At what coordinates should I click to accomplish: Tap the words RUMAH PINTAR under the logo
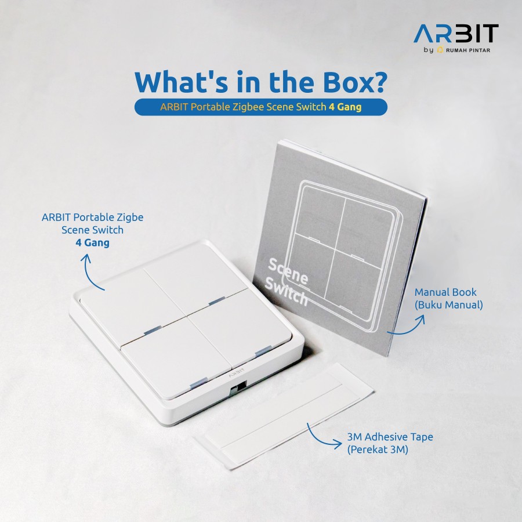coord(467,50)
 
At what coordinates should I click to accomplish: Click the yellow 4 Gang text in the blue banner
coord(345,107)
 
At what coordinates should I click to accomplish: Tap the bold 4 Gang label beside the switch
coord(93,242)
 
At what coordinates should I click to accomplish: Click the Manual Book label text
coord(445,292)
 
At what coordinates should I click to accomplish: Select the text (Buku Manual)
coord(449,304)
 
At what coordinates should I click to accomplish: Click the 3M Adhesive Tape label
coord(390,437)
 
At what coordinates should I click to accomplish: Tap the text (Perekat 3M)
coord(378,449)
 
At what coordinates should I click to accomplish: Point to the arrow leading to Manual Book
coord(409,330)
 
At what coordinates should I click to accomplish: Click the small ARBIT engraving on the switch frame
coord(237,372)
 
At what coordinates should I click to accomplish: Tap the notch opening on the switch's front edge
coord(238,386)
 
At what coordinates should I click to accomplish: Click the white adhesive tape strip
coord(284,416)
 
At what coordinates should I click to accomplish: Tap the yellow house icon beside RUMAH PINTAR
coord(440,50)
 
